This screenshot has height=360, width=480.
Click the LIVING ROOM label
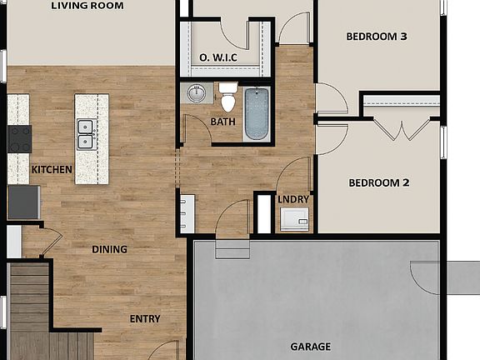[x=87, y=6]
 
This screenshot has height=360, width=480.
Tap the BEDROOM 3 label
[x=377, y=37]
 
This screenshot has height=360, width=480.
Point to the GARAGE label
[x=310, y=347]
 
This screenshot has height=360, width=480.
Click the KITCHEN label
[x=52, y=170]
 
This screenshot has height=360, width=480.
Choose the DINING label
[x=109, y=249]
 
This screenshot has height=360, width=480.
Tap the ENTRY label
[x=145, y=319]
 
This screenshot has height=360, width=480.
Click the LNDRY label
[x=293, y=200]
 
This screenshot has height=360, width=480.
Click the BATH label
[x=222, y=122]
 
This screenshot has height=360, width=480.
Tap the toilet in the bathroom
[x=227, y=97]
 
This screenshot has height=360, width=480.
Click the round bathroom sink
[x=197, y=92]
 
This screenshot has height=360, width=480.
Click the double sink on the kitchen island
[x=85, y=133]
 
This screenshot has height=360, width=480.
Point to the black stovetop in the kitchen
[x=19, y=137]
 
